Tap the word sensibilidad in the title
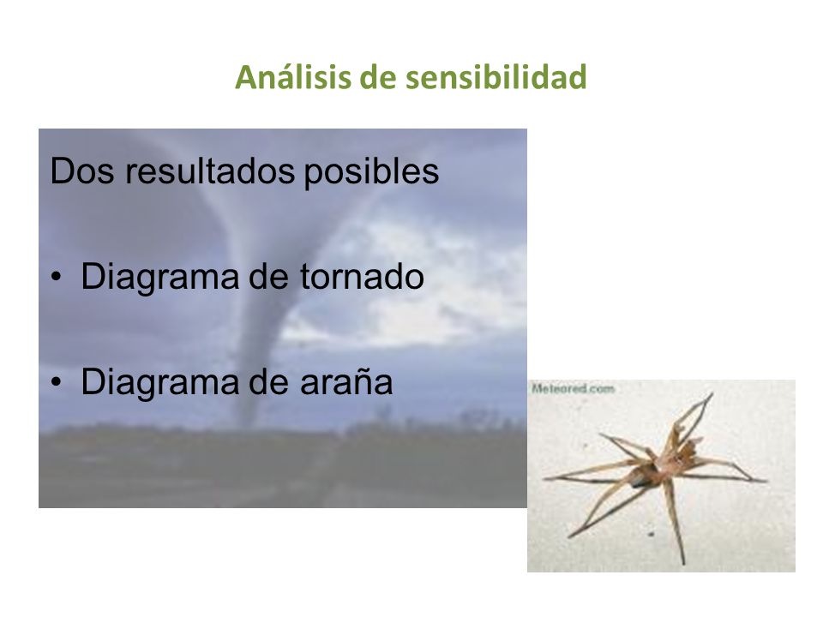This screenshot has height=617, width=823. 496,77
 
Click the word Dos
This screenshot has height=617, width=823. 81,171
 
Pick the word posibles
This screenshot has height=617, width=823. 371,172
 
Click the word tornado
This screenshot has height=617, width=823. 362,277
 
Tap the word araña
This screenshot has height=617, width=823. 346,381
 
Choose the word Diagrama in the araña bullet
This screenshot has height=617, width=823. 159,382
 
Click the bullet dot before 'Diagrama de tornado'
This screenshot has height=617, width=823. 57,278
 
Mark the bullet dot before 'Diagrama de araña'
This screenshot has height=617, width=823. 57,382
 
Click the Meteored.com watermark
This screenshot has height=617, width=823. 573,389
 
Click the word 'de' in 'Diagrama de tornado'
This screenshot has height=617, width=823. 268,277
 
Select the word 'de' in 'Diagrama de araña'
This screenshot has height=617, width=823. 268,381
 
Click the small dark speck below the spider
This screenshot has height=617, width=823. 651,534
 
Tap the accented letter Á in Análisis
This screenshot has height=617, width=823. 246,75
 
